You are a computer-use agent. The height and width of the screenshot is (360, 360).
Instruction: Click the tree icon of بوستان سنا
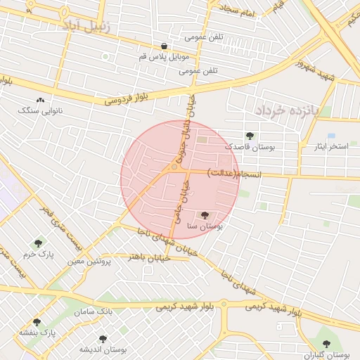point(205,215)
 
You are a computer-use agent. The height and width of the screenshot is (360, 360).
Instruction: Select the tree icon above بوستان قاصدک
point(250,136)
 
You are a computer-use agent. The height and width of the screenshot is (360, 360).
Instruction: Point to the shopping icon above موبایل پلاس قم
point(164,46)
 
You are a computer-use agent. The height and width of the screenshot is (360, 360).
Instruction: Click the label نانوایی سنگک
point(39,110)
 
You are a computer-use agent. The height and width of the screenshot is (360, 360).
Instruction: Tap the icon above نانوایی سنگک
point(39,101)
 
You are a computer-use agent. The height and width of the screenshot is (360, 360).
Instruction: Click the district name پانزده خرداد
point(288,111)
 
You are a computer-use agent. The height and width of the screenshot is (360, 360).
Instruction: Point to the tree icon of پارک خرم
point(38,243)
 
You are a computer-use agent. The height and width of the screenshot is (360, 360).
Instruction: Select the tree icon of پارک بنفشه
point(37,322)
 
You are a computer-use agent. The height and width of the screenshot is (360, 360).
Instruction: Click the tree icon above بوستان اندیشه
point(103,338)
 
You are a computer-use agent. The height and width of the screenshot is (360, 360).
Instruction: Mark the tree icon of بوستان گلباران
point(326,343)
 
